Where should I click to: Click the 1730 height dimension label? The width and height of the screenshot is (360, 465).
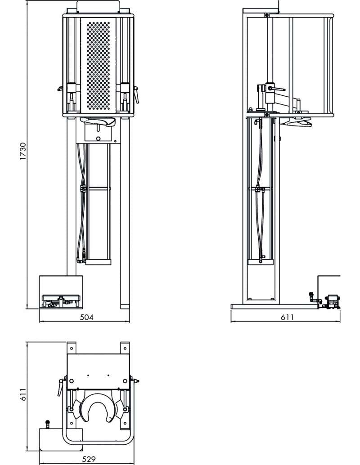click(x=23, y=151)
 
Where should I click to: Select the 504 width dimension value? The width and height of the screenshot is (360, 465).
click(x=87, y=317)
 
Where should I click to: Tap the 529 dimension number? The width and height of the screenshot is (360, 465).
click(x=89, y=459)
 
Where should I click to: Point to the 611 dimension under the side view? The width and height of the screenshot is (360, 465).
click(x=287, y=317)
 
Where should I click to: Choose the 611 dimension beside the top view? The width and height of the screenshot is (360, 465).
click(x=23, y=394)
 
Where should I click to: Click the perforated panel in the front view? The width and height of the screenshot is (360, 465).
click(x=98, y=65)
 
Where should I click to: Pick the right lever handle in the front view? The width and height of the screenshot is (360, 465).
click(x=136, y=94)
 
